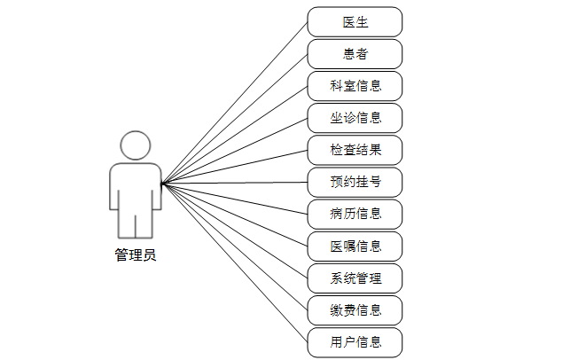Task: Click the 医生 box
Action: (355, 21)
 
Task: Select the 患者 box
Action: (355, 53)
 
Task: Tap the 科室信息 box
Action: (355, 86)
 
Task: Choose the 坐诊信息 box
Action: (355, 118)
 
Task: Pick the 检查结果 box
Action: (355, 150)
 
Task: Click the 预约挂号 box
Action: (355, 182)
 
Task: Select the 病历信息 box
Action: (355, 214)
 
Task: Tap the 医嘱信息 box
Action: (355, 246)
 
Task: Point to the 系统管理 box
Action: (355, 278)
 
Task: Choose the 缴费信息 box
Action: (355, 310)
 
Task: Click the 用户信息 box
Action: (355, 342)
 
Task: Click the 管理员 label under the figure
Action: (136, 255)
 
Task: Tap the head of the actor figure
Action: (136, 145)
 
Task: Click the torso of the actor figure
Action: (136, 186)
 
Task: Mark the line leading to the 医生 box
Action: (235, 102)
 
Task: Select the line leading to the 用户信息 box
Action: (235, 263)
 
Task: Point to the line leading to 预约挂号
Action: (235, 183)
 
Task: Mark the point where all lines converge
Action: (162, 184)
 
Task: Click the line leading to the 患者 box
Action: (235, 118)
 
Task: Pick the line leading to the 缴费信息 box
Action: (235, 247)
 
